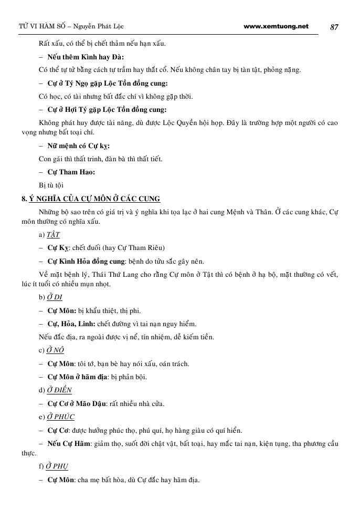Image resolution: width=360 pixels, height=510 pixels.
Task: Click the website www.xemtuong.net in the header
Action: pos(276,26)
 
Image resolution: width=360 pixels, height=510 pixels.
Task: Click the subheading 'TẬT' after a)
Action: pos(53,235)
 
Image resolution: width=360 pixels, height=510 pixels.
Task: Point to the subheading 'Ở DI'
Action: pos(55,298)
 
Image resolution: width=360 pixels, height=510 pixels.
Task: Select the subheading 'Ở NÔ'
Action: pos(55,350)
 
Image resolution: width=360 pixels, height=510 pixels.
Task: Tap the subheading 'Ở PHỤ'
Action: pos(58,466)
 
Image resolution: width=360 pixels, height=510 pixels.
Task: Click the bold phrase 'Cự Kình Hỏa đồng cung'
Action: pos(87,261)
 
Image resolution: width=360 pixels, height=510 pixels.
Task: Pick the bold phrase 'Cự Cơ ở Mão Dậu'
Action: pos(77,404)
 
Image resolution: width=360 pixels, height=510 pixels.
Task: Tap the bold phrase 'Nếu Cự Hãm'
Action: pos(69,444)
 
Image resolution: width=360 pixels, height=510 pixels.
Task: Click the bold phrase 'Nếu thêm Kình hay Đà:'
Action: pos(86,57)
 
